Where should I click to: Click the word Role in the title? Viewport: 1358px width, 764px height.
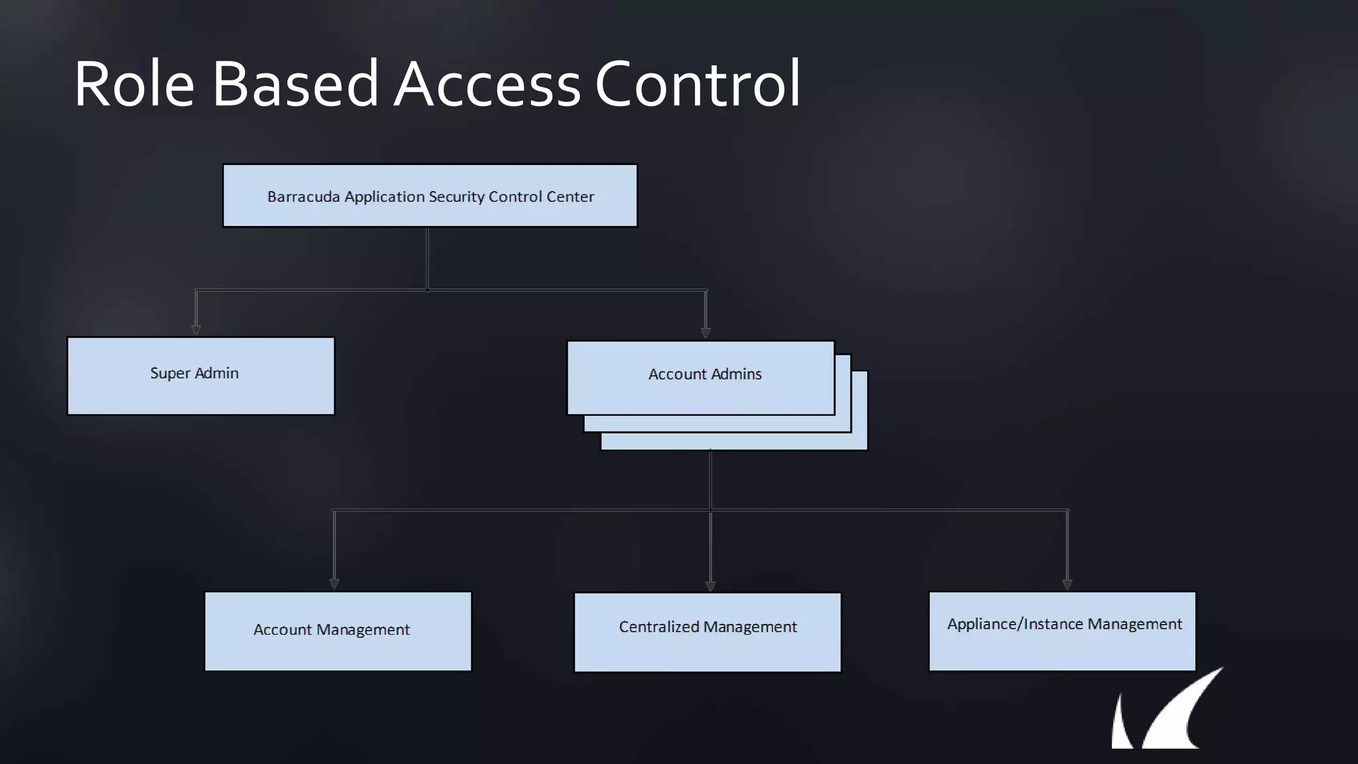(x=133, y=84)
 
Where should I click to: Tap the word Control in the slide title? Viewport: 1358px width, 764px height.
(x=698, y=84)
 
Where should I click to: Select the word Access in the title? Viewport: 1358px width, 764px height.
(x=487, y=84)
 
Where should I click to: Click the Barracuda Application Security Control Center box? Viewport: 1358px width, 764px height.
(x=430, y=196)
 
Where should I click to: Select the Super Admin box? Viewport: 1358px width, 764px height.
(x=201, y=376)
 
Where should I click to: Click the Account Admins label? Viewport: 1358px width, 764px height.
(x=705, y=374)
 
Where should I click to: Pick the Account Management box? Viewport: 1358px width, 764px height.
(x=338, y=631)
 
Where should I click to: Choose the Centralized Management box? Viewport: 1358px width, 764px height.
(x=708, y=632)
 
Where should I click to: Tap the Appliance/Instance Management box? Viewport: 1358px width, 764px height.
(x=1062, y=631)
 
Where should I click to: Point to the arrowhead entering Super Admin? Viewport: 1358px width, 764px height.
(x=196, y=330)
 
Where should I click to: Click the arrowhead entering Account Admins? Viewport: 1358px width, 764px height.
(x=706, y=332)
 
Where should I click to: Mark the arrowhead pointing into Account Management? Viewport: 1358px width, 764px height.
(x=334, y=584)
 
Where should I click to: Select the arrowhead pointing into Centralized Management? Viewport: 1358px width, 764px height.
(x=710, y=586)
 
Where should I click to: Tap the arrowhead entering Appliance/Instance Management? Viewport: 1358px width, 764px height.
(x=1067, y=584)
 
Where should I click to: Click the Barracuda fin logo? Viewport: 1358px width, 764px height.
(x=1167, y=713)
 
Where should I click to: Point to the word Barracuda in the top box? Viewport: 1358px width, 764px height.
(x=303, y=197)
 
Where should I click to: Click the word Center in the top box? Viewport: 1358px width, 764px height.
(x=570, y=197)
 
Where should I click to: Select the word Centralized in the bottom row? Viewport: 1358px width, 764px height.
(x=658, y=627)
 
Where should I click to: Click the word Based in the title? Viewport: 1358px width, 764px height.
(x=295, y=84)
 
